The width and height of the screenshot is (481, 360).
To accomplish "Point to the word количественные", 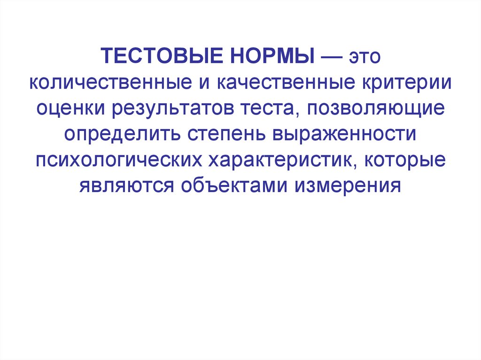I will click(x=108, y=84).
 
